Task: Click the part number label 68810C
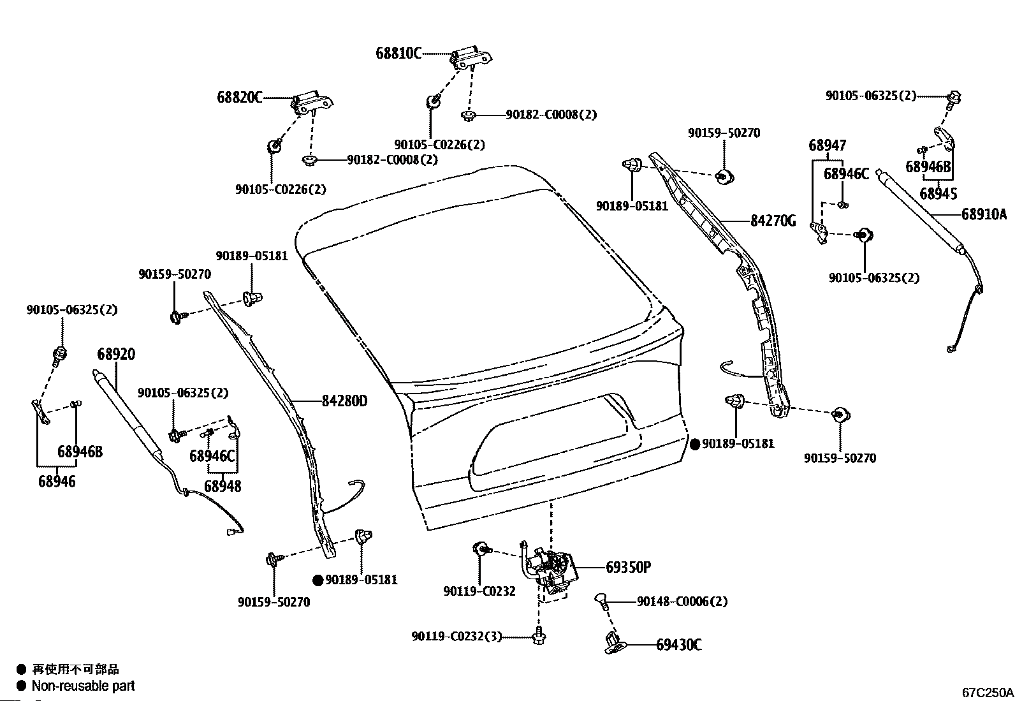tap(398, 54)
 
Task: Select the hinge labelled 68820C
tap(313, 103)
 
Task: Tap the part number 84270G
tap(773, 221)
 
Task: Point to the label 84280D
tap(344, 401)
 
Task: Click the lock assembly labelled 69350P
tap(551, 567)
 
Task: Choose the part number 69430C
tap(679, 645)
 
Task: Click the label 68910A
tap(984, 214)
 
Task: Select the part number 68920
tap(116, 355)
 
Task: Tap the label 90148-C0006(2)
tap(682, 601)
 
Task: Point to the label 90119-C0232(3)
tap(456, 637)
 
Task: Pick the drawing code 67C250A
tap(988, 692)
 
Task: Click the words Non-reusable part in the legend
tap(83, 686)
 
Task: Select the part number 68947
tap(828, 145)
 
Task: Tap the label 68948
tap(223, 486)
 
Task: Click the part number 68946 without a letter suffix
tap(57, 482)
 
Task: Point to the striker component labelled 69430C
tap(613, 642)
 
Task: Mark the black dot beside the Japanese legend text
tap(21, 670)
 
